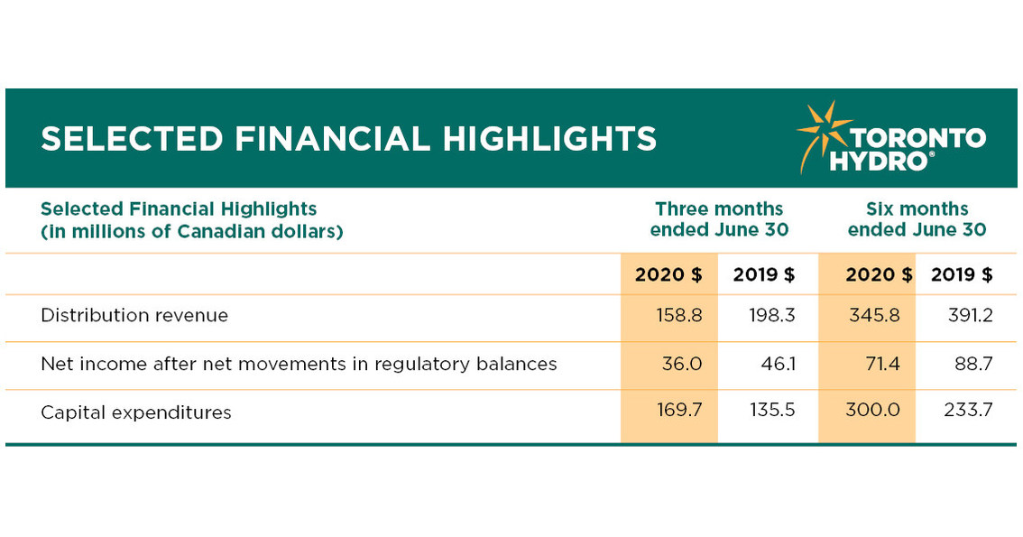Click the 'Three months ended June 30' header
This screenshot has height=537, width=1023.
pos(719,219)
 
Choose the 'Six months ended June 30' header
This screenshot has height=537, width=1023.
pos(917,219)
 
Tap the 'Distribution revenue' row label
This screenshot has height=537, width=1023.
pos(134,316)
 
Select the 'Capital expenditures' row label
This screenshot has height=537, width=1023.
pos(136,412)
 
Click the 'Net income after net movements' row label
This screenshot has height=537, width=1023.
pos(299,364)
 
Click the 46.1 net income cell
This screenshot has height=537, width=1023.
pos(777,364)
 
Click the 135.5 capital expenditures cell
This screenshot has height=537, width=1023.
pos(772,412)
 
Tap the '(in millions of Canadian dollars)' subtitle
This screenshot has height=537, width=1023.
pos(191,231)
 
